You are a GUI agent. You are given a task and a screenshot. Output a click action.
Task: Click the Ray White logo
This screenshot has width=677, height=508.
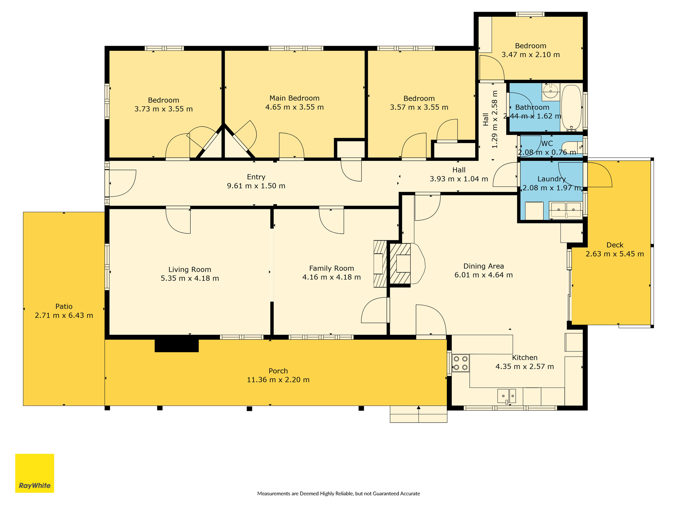coord(35,473)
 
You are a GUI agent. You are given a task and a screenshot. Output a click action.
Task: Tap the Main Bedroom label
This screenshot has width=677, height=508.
coord(294,98)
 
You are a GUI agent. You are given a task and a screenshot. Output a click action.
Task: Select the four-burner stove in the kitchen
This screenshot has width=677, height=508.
coord(461,363)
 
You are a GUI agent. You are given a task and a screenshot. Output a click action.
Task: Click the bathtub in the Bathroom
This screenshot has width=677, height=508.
coord(571,108)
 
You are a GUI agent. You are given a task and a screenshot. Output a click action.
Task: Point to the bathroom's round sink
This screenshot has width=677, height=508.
coord(551,91)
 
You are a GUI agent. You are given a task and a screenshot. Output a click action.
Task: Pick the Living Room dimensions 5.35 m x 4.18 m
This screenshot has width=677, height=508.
coord(190,278)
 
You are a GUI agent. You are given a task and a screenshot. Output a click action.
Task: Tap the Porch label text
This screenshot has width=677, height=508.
coord(278,371)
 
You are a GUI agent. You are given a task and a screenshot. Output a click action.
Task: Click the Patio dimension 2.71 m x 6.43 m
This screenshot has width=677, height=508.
coord(64,315)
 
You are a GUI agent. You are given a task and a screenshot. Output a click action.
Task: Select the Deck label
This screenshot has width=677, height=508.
coord(615,245)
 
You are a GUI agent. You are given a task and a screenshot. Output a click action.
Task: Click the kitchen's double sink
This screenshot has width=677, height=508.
coord(506,396)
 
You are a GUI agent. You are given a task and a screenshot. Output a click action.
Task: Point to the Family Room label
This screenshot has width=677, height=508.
coord(331,269)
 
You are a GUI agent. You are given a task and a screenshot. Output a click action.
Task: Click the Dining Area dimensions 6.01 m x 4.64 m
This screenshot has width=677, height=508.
coord(484,275)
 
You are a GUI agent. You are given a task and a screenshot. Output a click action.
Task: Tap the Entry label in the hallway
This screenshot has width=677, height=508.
coord(256,177)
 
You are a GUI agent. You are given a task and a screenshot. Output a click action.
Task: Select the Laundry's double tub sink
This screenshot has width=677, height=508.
coord(566,210)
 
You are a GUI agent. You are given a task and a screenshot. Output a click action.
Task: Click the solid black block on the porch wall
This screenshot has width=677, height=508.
coord(177,346)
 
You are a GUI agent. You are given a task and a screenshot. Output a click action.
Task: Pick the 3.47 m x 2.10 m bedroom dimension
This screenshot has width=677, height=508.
coord(531,55)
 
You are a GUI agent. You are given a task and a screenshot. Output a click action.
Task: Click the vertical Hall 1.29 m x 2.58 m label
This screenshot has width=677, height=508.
coord(490,119)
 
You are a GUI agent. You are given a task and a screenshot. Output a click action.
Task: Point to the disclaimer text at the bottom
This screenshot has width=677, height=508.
coord(338,493)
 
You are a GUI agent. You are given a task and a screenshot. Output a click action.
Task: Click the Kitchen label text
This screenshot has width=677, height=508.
coord(525,358)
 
